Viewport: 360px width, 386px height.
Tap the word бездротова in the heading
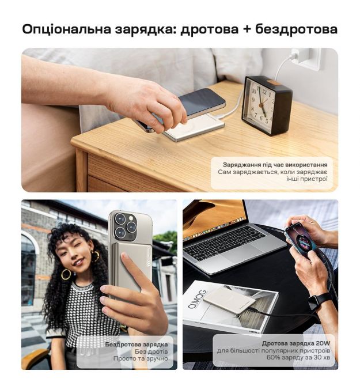[296, 29]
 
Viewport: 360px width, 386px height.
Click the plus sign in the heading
[247, 29]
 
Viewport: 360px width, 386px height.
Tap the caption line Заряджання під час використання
[275, 164]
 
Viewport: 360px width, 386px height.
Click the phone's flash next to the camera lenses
[131, 218]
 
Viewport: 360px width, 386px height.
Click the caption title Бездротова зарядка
[137, 345]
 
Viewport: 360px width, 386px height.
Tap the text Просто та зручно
[141, 358]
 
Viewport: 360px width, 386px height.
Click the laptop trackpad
[236, 256]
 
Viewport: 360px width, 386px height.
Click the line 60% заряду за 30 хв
[298, 357]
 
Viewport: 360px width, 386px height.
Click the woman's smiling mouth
[78, 262]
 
